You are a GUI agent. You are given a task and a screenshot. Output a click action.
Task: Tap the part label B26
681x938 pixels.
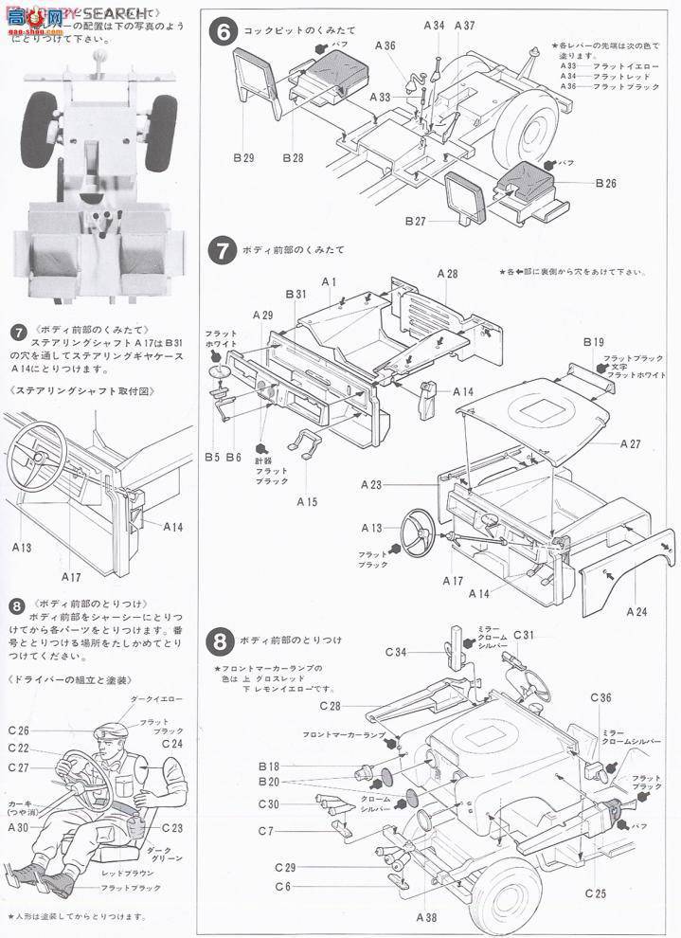[x=606, y=183]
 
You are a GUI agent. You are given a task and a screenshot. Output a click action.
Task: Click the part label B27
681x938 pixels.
[x=416, y=221]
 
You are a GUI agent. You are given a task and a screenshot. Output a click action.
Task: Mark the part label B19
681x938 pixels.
[x=594, y=342]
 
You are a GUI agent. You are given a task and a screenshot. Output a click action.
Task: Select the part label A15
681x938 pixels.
[x=308, y=501]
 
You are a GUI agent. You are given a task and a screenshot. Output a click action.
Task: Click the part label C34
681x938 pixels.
[x=397, y=652]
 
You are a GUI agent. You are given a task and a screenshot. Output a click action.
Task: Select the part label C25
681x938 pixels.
[x=596, y=893]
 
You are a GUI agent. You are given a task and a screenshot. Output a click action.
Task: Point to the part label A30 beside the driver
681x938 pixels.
[x=18, y=827]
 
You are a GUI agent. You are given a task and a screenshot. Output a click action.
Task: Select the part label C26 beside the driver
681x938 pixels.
[x=19, y=731]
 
